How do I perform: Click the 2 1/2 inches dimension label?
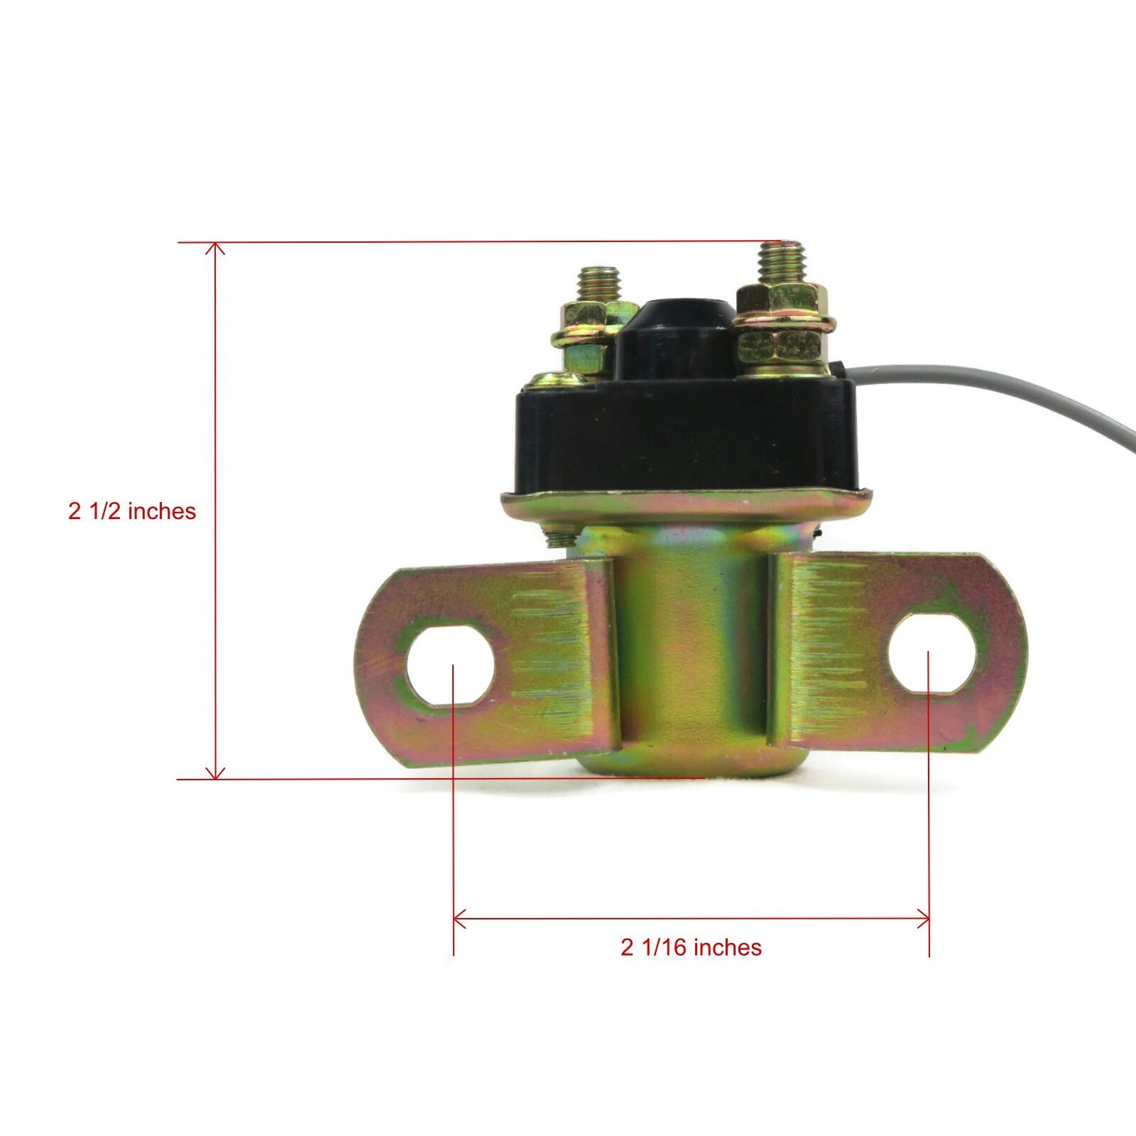tap(132, 511)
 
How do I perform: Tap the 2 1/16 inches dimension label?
tap(691, 947)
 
